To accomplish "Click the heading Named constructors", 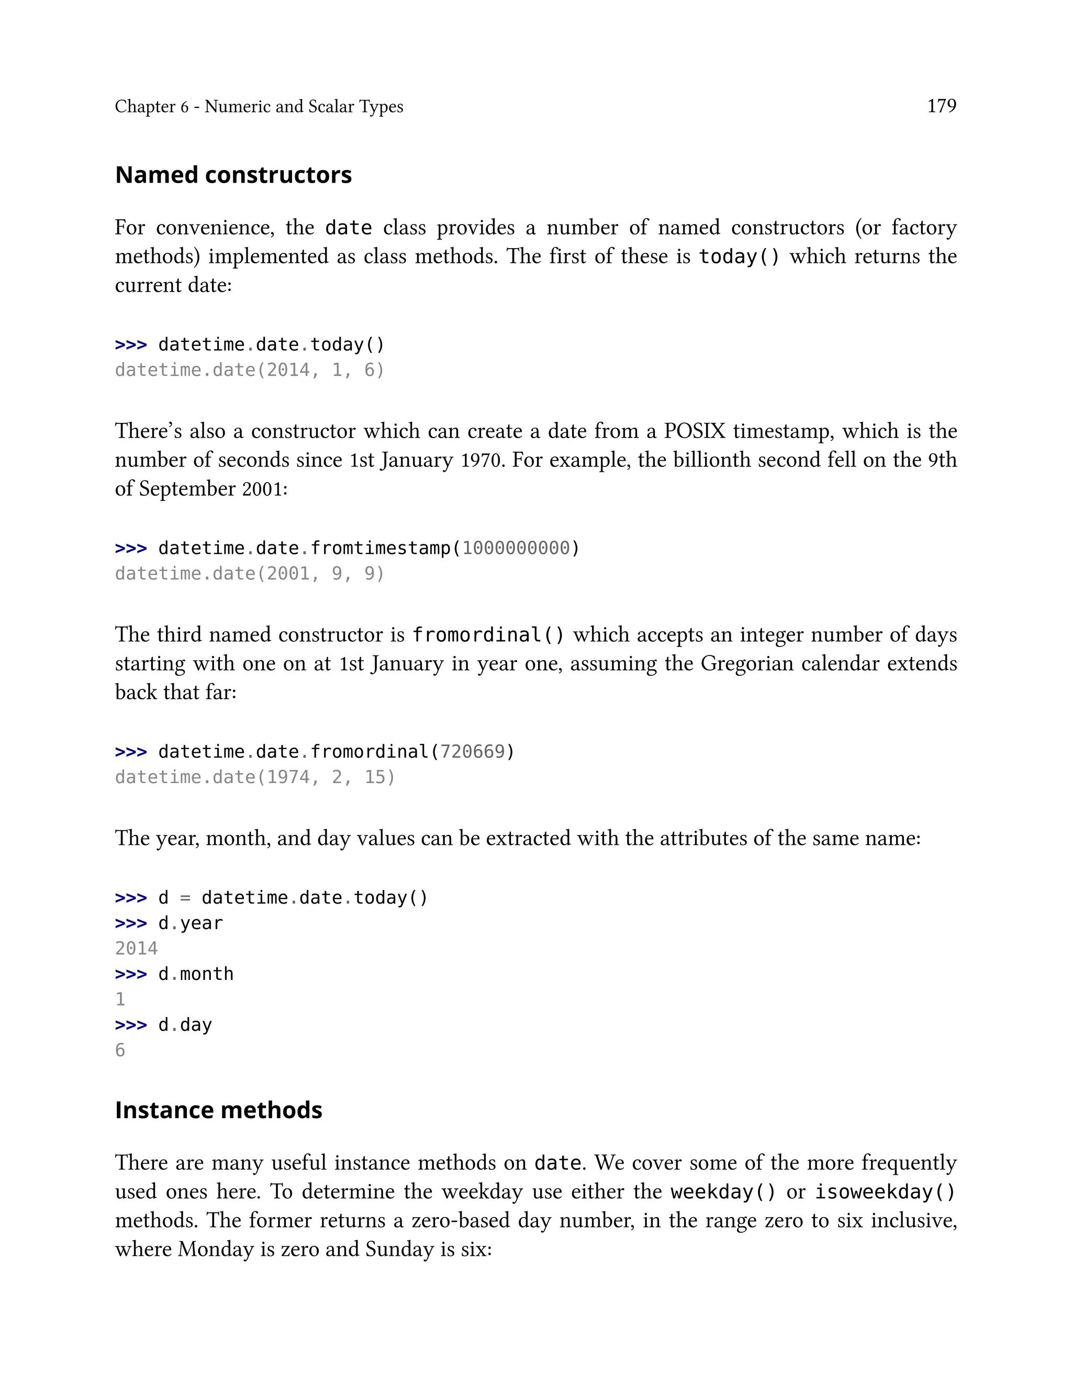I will coord(233,175).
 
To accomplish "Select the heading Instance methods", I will coord(218,1110).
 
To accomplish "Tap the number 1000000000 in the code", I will coord(516,548).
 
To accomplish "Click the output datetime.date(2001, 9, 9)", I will coord(250,574).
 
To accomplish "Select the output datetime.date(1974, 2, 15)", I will coord(254,777).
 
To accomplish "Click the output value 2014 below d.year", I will coord(136,949).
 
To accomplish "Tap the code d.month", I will coord(196,974).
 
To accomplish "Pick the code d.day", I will coord(185,1025).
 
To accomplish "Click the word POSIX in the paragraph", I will coord(694,431).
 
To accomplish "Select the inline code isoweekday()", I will coord(885,1192).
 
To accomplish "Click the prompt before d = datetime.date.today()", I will coord(131,898).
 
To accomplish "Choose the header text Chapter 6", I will coord(152,107).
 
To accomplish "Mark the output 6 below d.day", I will coord(120,1050).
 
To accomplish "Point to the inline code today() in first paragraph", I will coord(739,257).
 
